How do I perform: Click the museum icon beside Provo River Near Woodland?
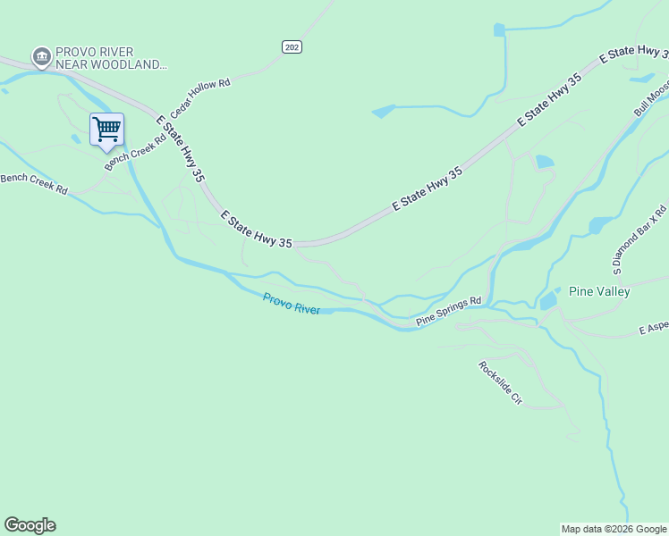click(x=40, y=57)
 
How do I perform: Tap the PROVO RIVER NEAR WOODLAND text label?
click(x=110, y=58)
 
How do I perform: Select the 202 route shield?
click(x=292, y=46)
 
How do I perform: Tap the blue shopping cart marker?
click(x=106, y=130)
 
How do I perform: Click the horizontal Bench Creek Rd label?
click(x=34, y=183)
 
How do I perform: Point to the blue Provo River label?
click(x=292, y=303)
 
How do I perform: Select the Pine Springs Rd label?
click(x=449, y=311)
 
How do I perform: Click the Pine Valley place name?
click(x=599, y=291)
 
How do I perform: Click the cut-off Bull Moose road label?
click(x=652, y=100)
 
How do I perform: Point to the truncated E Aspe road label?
click(x=653, y=330)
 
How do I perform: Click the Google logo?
click(x=30, y=525)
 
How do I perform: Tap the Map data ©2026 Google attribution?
click(x=614, y=529)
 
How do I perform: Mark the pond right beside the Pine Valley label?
click(x=548, y=301)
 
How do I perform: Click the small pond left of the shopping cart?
click(x=74, y=138)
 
